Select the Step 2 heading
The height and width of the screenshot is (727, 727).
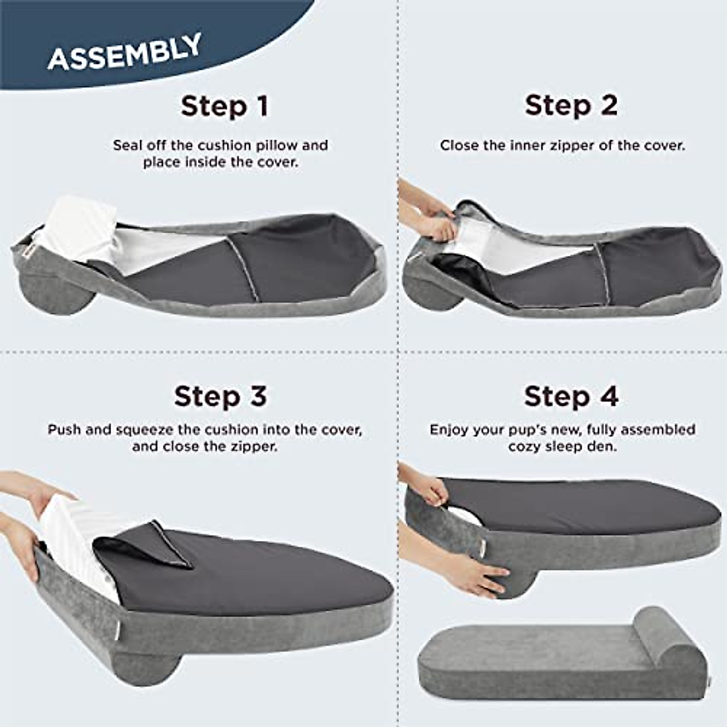tap(571, 105)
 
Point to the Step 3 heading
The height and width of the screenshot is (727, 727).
tap(220, 396)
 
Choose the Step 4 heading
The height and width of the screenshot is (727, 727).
tap(571, 396)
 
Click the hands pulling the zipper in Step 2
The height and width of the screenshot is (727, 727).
tap(430, 218)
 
